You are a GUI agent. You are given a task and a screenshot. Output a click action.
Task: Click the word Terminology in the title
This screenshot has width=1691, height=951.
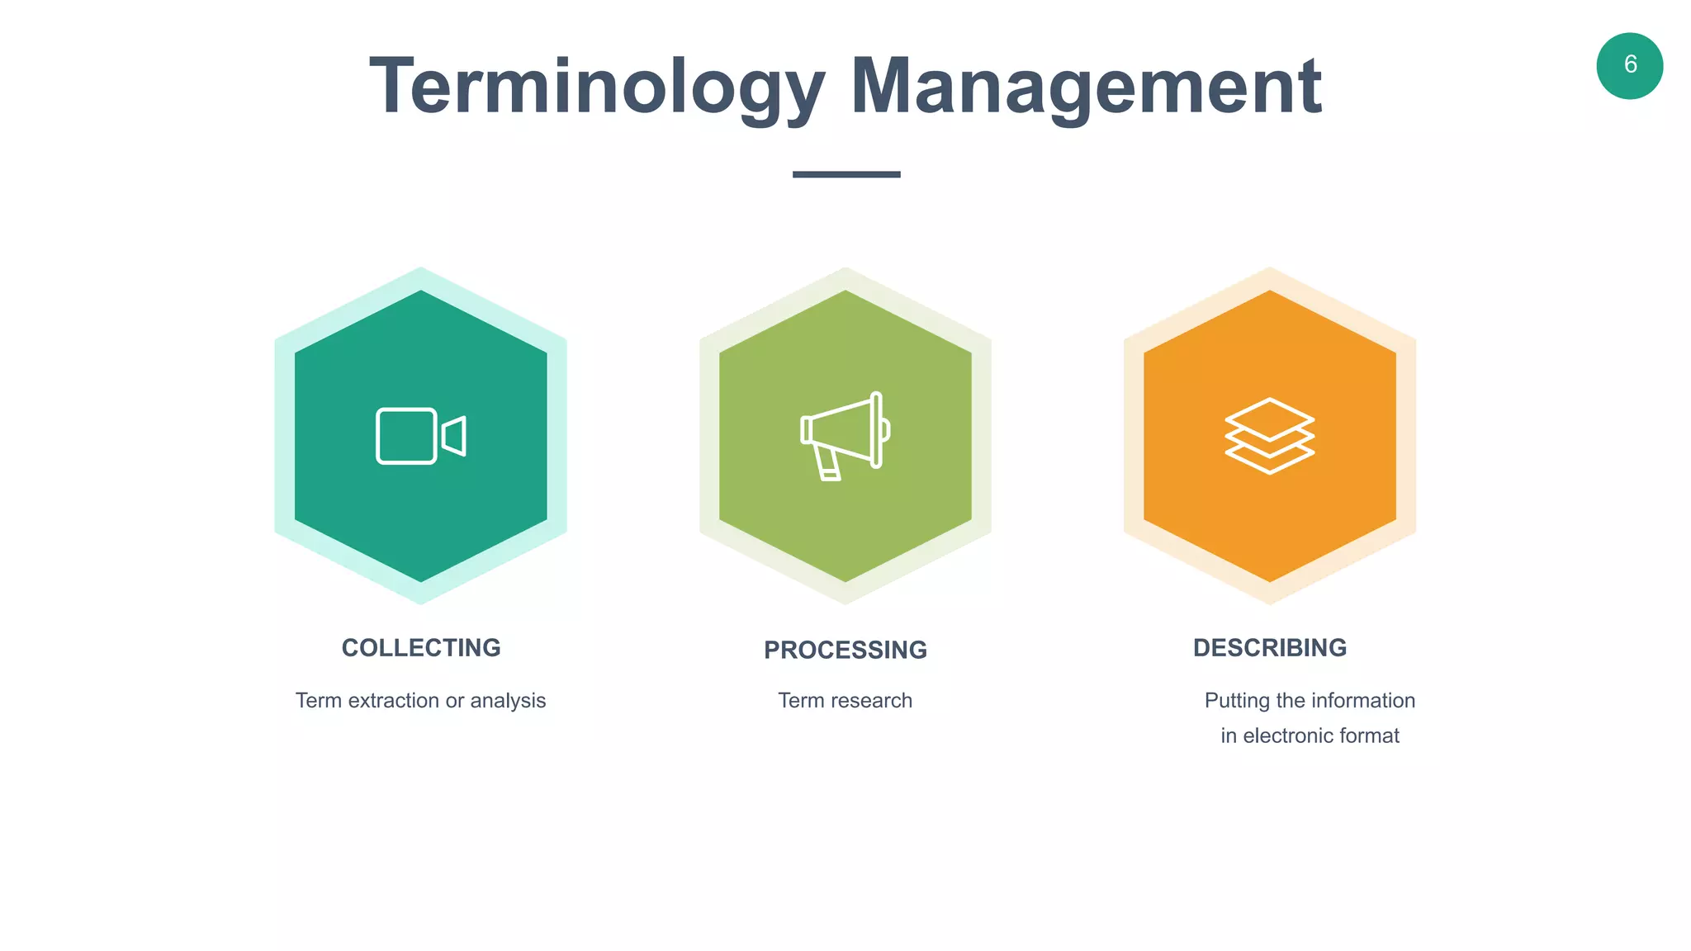[x=596, y=87]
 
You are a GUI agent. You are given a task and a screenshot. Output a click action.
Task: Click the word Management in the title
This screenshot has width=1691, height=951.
[x=1086, y=87]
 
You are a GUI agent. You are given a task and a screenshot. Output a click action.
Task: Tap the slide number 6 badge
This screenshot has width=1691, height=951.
[x=1629, y=66]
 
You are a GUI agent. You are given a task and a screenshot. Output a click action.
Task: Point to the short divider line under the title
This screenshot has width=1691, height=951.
[x=845, y=174]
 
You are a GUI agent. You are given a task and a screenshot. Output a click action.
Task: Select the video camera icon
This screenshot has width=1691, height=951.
[x=420, y=436]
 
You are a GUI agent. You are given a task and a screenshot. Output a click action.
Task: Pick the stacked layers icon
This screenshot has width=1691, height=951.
[x=1269, y=436]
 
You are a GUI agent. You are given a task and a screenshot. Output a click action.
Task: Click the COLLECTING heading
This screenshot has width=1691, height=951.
[x=421, y=648]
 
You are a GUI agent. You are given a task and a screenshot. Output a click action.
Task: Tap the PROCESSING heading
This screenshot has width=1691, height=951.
[x=845, y=651]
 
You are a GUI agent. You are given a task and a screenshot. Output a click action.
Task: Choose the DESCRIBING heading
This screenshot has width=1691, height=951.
[x=1269, y=648]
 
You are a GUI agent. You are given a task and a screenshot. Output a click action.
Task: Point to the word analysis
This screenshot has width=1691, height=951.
[x=508, y=701]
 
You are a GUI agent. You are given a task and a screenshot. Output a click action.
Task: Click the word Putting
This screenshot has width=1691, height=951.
[x=1237, y=701]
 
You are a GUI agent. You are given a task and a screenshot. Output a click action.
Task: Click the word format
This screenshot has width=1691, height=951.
[x=1372, y=736]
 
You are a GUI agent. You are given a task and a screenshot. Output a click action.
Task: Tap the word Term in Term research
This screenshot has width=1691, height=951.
[x=800, y=701]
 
